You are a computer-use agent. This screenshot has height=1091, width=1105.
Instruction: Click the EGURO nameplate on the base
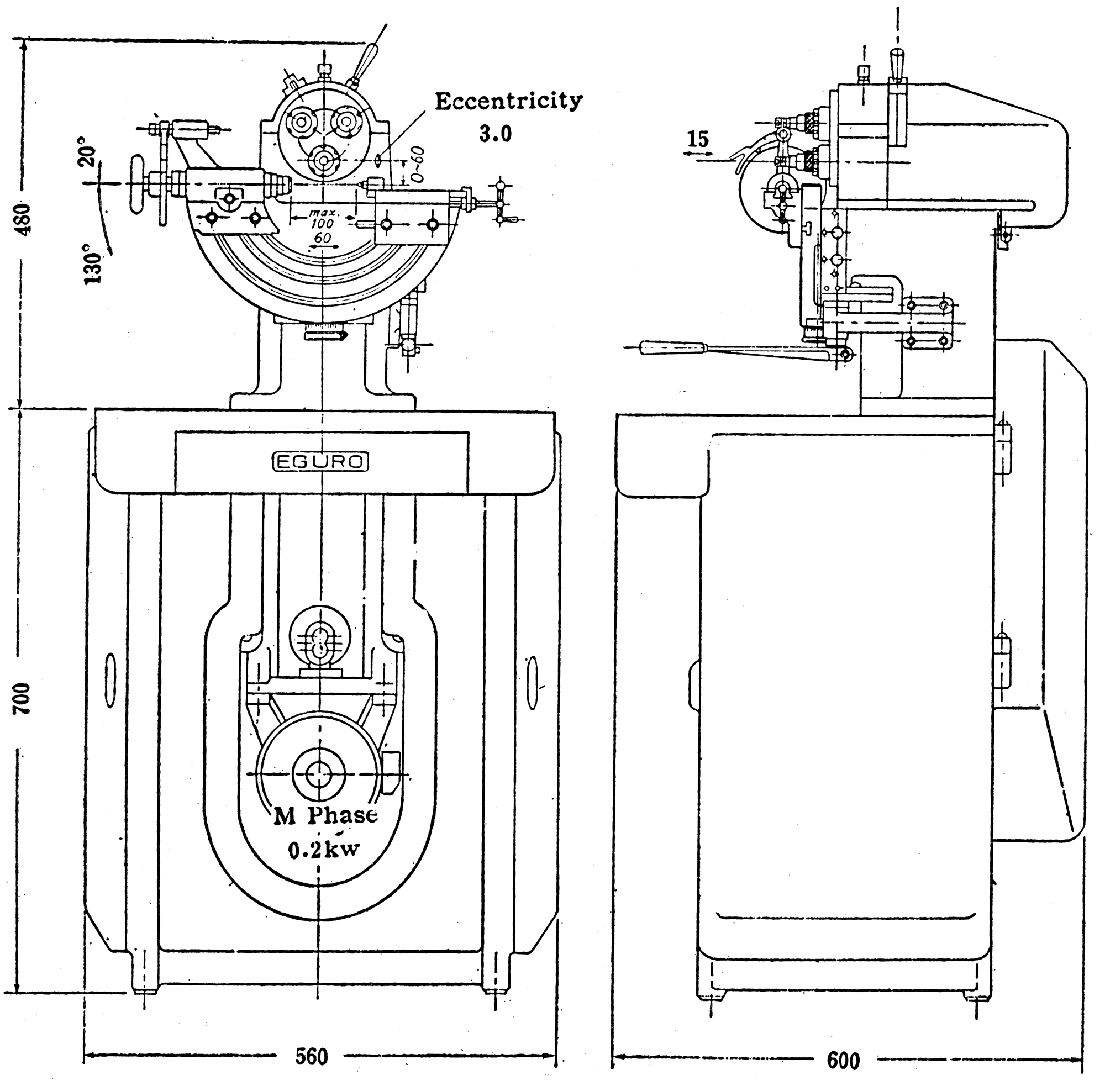(x=320, y=462)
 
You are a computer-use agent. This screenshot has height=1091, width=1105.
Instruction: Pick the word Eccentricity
(x=508, y=101)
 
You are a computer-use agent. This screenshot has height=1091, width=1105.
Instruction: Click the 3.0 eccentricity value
(x=495, y=134)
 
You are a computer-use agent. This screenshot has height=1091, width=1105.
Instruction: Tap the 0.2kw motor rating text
(x=324, y=850)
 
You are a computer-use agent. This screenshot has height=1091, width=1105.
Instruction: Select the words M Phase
(x=325, y=816)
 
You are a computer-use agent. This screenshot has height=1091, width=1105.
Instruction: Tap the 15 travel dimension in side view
(x=698, y=139)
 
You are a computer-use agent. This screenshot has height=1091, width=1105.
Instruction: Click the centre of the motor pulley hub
(x=318, y=774)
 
